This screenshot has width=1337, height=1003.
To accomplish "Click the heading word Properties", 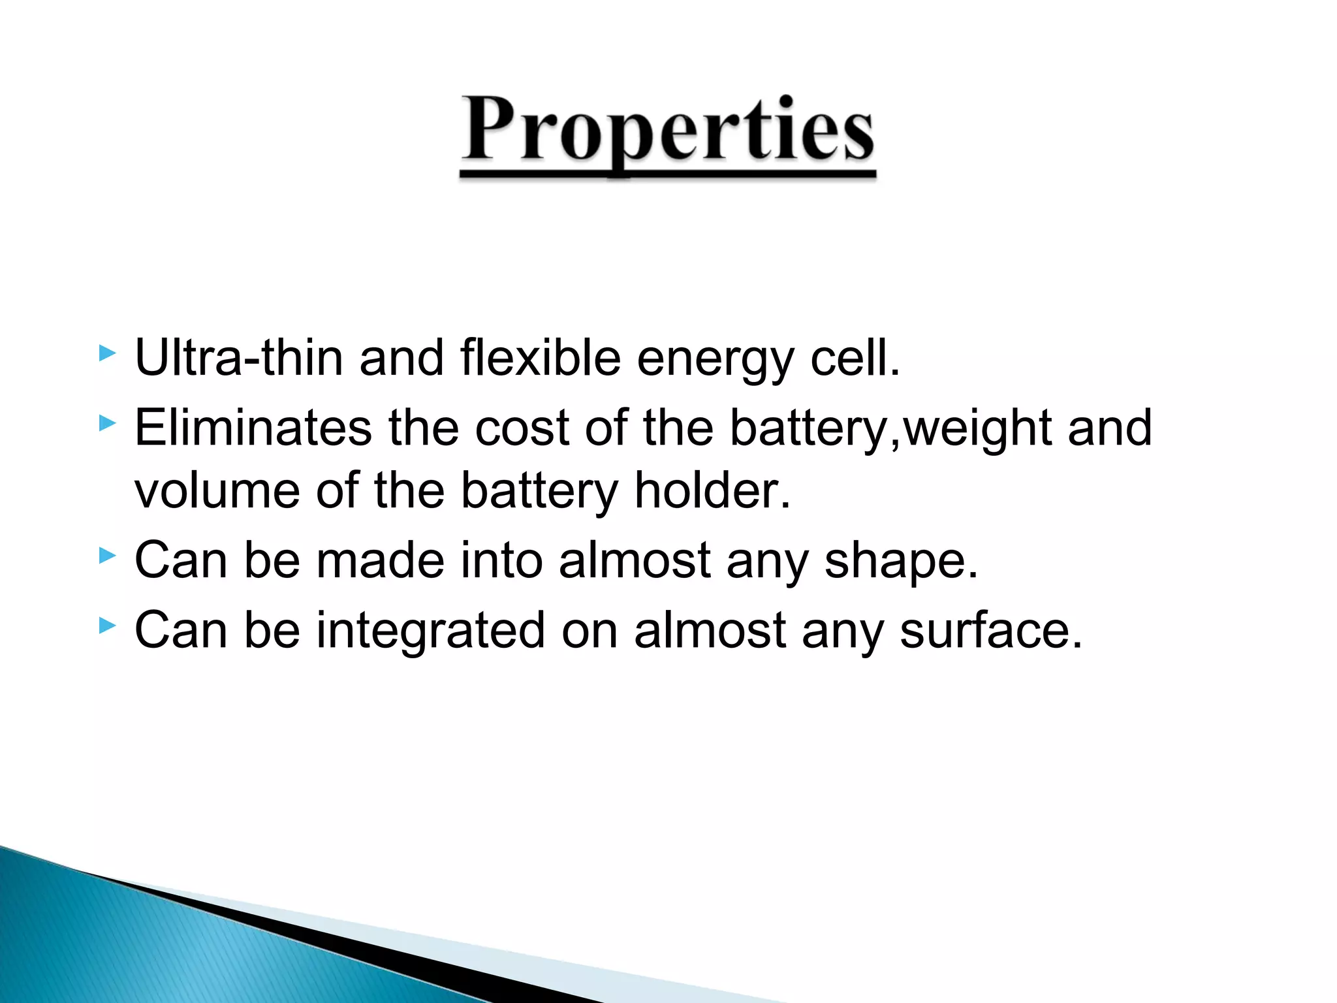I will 667,131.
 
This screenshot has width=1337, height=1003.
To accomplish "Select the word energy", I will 715,359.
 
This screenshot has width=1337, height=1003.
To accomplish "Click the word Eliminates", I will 253,428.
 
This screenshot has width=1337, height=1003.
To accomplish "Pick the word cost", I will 522,428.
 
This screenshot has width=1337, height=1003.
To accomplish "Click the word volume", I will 217,490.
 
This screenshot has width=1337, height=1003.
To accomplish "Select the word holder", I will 712,490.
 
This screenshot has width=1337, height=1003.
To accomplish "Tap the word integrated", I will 430,631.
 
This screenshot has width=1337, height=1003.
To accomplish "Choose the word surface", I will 990,630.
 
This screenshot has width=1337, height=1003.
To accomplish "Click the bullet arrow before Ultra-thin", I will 107,354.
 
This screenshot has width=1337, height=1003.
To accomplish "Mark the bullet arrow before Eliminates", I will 107,424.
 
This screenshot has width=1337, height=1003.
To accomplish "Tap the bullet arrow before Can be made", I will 107,556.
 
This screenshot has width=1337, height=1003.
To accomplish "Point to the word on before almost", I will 589,631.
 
